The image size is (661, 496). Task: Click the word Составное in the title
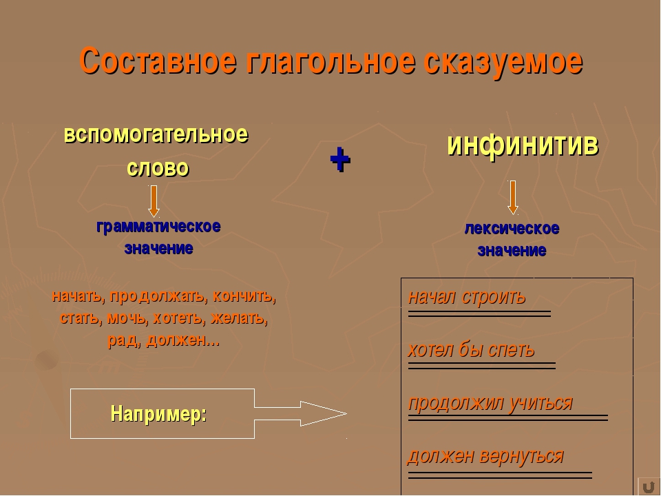tap(158, 61)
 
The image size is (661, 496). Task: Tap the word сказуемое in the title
tap(504, 63)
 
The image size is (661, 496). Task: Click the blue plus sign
tap(339, 159)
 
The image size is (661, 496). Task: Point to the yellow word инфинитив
tap(523, 145)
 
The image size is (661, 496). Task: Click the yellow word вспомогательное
tap(156, 135)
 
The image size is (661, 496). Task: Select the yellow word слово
tap(158, 168)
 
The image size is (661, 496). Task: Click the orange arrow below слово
tap(154, 201)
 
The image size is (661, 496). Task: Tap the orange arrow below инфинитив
tap(512, 198)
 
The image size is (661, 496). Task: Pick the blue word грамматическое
tap(158, 227)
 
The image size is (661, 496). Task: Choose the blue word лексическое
tap(512, 228)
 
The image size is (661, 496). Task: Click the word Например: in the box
tap(158, 413)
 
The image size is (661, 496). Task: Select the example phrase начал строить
tap(467, 297)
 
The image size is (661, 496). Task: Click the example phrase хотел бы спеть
tap(471, 350)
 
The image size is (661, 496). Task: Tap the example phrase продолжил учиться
tap(491, 403)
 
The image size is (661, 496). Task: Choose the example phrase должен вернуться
tap(485, 456)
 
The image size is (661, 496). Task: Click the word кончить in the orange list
tap(244, 296)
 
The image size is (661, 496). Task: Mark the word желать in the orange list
tap(240, 318)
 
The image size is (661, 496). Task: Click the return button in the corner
tap(649, 486)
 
